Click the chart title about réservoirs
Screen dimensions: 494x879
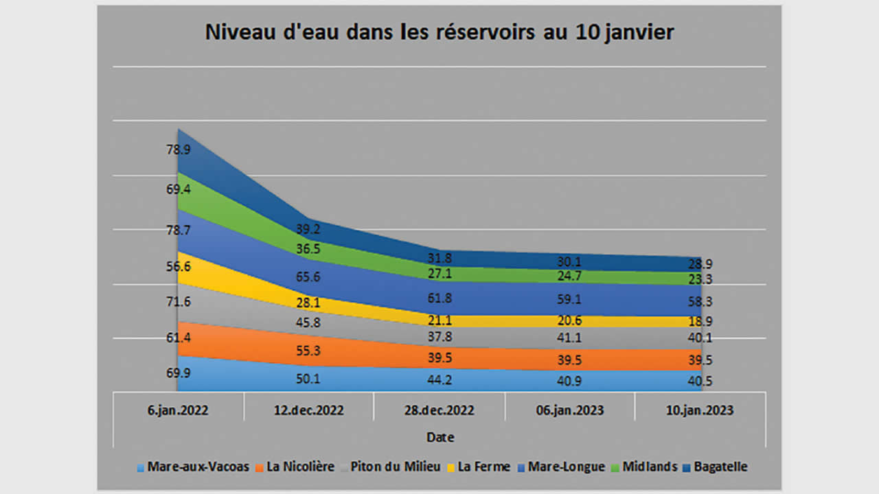click(439, 33)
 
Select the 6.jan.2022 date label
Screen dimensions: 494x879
click(178, 411)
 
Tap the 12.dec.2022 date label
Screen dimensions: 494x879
click(308, 411)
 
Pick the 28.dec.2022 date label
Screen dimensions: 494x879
click(439, 411)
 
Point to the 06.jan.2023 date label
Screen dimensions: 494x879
click(569, 411)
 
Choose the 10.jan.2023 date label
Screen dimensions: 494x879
click(700, 411)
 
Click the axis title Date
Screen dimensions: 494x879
click(439, 437)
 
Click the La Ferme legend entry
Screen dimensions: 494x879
click(483, 467)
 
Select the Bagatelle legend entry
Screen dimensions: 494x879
click(720, 467)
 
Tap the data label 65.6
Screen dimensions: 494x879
click(308, 277)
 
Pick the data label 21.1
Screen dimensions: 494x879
click(439, 320)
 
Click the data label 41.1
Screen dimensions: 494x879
click(569, 338)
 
